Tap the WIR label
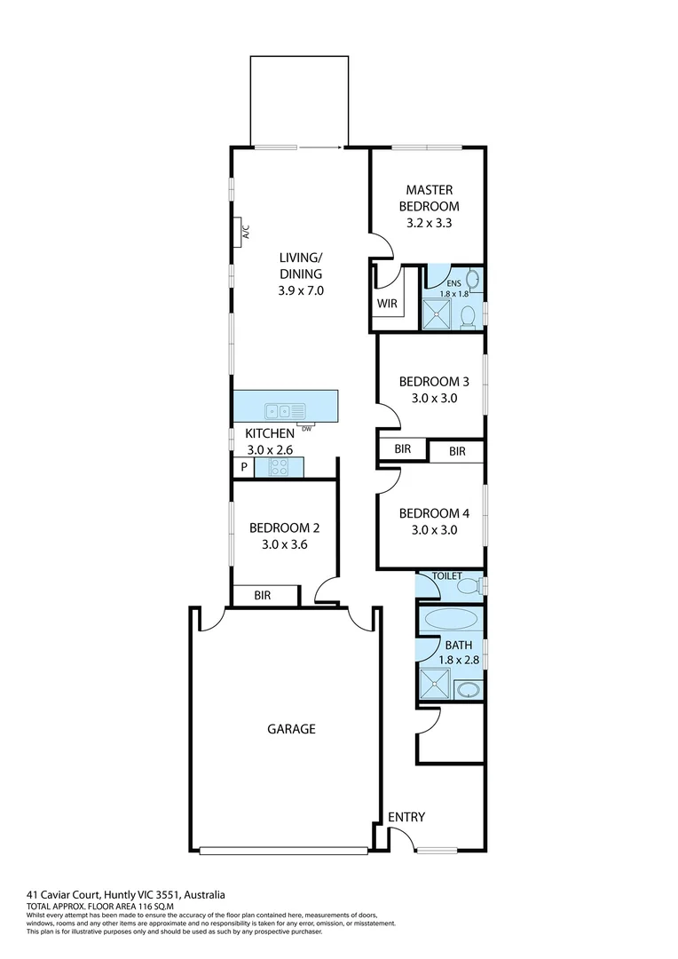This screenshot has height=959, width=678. [387, 303]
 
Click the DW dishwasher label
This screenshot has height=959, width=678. [307, 429]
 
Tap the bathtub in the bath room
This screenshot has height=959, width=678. [451, 618]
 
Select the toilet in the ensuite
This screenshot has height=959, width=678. [467, 313]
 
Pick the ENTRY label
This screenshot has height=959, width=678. [406, 817]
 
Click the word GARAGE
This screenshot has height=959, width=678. [291, 729]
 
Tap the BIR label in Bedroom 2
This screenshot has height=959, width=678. [262, 596]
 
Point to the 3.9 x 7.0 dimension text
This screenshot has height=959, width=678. [301, 289]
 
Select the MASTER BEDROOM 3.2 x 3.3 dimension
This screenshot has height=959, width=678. [430, 223]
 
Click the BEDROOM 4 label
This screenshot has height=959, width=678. [434, 513]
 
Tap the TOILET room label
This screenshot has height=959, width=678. [446, 576]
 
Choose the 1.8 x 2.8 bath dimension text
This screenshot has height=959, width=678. [459, 660]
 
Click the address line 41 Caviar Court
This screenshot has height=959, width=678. [126, 894]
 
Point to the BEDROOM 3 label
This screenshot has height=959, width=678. [434, 382]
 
